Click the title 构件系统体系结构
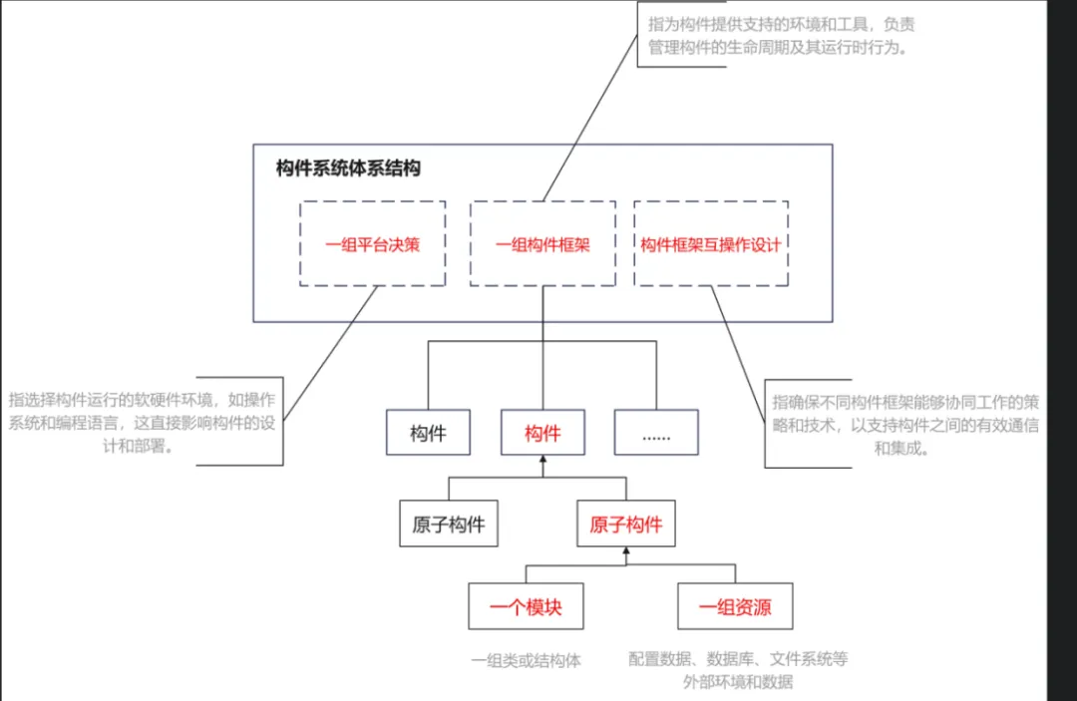pos(348,169)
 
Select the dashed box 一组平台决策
pos(372,244)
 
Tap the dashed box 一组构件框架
pos(542,244)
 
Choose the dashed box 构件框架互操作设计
pos(710,244)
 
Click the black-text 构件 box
pos(428,433)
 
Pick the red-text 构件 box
pos(542,433)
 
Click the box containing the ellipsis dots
pos(656,433)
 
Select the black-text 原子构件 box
pos(448,525)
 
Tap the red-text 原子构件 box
pos(625,525)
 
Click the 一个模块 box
pos(526,606)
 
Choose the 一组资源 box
pos(735,606)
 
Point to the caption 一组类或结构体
pos(526,660)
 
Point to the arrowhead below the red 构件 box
pos(543,461)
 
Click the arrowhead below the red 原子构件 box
pos(626,551)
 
